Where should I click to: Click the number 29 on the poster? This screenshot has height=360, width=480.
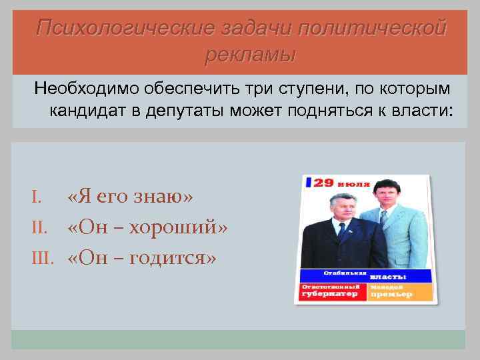(x=324, y=182)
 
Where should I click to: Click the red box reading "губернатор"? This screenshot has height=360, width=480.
(x=331, y=290)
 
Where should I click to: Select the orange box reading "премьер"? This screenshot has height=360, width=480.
(x=399, y=290)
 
